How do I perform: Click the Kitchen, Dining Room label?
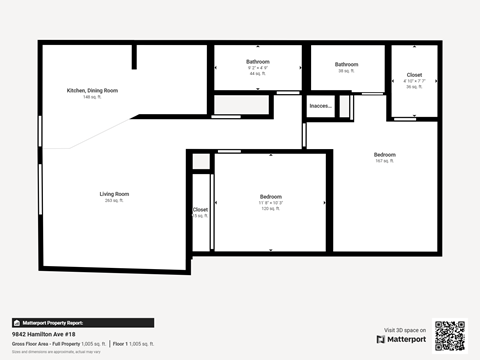point(92,90)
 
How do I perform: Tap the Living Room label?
point(114,193)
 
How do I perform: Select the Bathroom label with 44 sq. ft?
point(258,62)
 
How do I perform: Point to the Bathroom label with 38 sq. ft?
point(347,64)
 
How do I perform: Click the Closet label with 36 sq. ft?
point(414,75)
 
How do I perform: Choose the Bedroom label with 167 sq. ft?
point(385,154)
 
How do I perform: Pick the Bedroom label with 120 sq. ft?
point(271,196)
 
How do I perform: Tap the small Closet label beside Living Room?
point(200,210)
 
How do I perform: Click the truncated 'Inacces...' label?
point(321,105)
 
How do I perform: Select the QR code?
point(450,335)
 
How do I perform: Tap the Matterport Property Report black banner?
point(82,323)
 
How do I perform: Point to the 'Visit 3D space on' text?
point(405,330)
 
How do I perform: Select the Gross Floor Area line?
point(58,343)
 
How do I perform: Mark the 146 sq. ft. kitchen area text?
point(92,97)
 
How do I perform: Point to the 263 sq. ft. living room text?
point(114,200)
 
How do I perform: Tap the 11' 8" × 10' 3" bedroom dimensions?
point(271,203)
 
